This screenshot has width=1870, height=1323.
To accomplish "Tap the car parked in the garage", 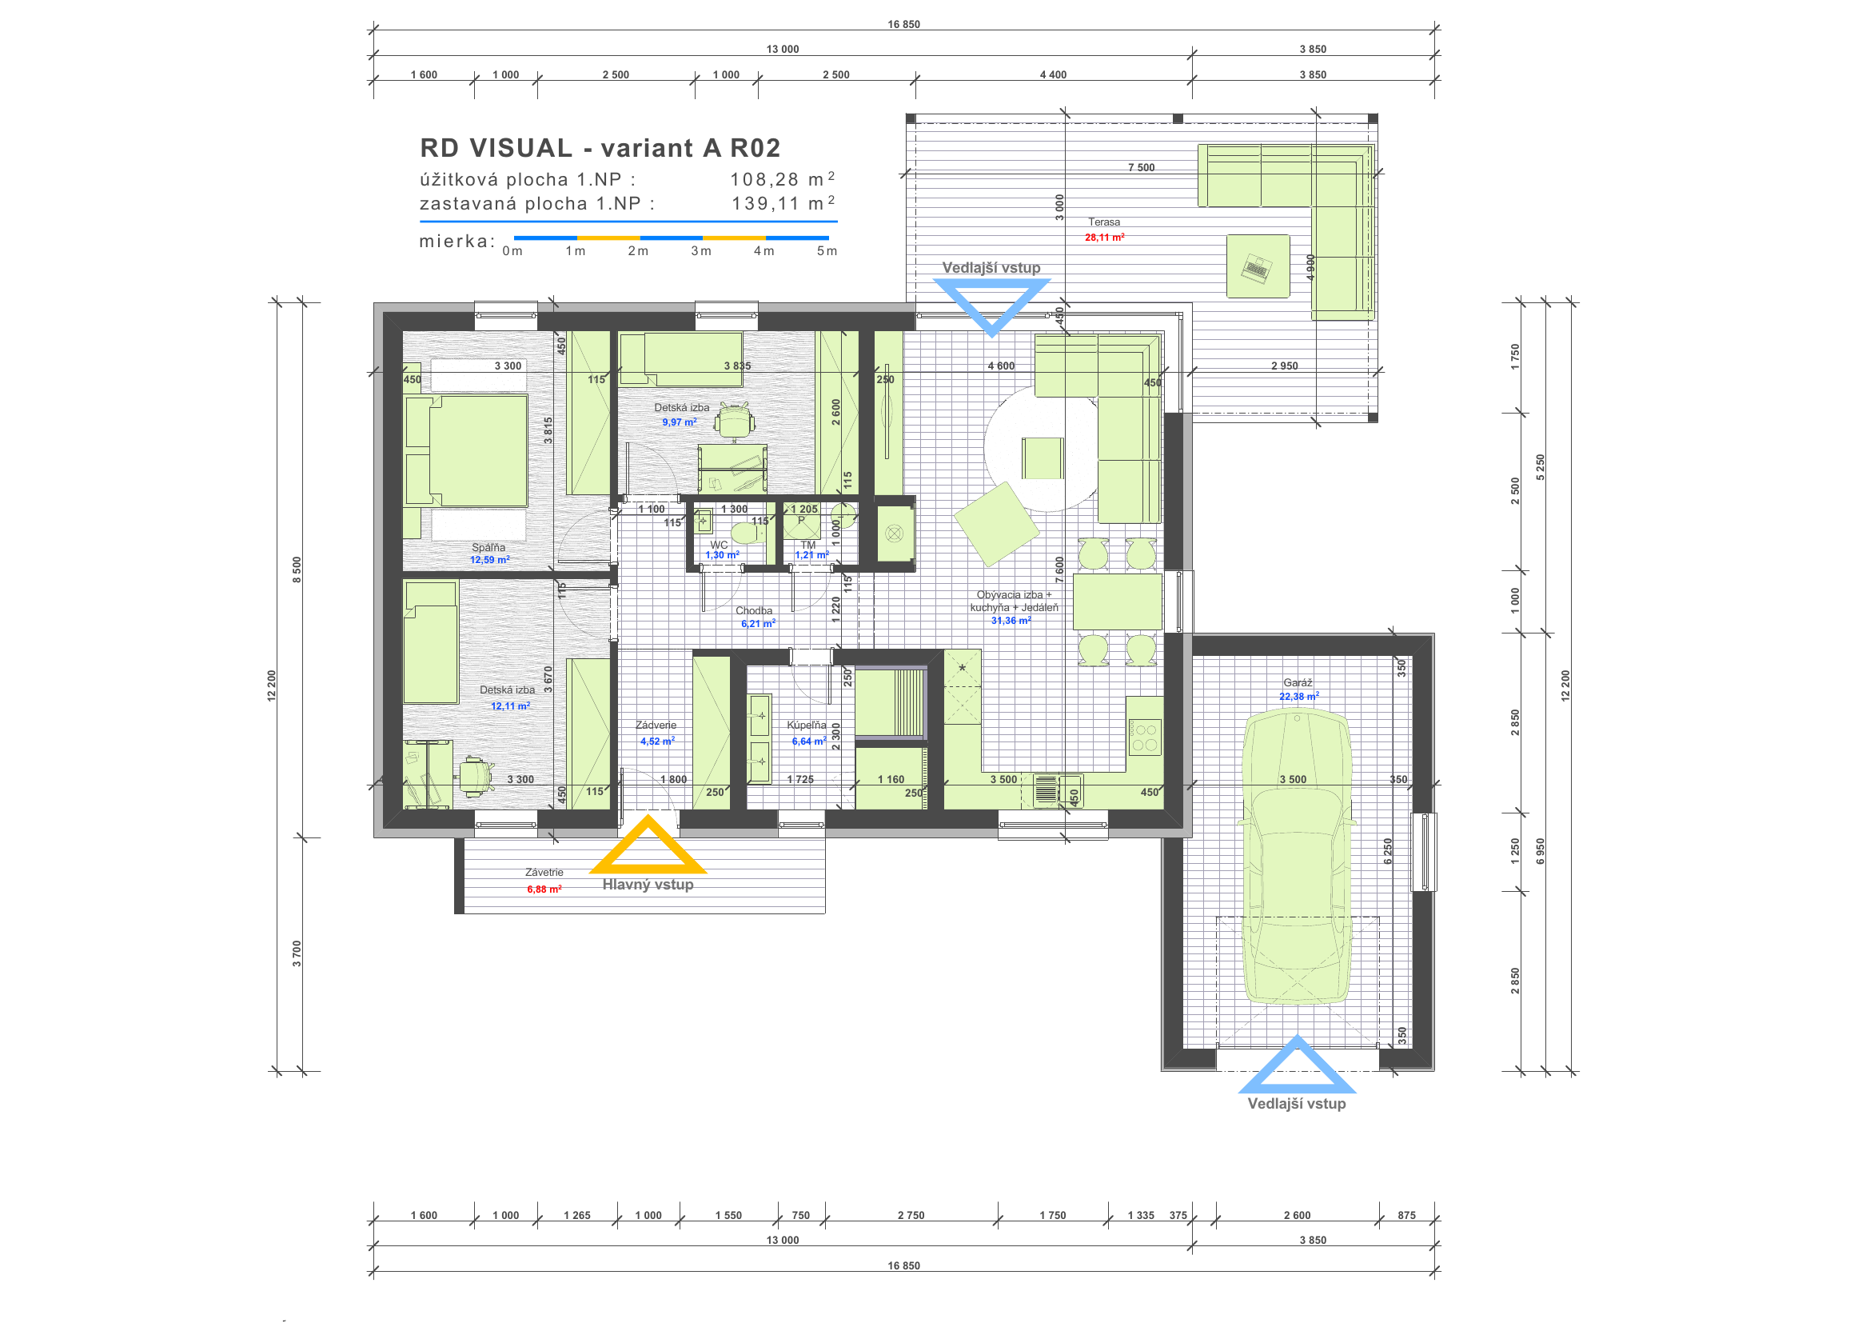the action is [1296, 856].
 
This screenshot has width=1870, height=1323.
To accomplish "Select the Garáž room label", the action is [1298, 682].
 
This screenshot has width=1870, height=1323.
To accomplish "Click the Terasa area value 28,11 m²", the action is [1104, 237].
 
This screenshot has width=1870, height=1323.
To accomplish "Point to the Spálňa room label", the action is [488, 547].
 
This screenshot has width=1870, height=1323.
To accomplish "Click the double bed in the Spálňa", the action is [467, 451].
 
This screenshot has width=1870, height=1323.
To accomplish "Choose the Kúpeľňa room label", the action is [807, 725].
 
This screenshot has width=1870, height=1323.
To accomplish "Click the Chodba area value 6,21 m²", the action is [758, 624].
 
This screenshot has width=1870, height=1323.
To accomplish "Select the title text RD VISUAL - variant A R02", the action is [600, 148].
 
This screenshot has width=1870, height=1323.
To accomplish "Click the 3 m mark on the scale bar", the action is [701, 251].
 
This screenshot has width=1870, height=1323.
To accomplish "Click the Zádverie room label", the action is [656, 725].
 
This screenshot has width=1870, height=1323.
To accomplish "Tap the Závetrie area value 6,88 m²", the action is [544, 889].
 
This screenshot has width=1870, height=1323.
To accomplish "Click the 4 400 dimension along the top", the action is [1053, 75].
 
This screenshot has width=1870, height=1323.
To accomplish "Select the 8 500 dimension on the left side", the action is [297, 570].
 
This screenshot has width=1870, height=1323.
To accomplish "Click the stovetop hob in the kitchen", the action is [1144, 737].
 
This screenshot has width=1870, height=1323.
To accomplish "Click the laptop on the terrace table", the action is [1257, 268].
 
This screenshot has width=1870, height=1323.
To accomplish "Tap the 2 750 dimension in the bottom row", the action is [911, 1216].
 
